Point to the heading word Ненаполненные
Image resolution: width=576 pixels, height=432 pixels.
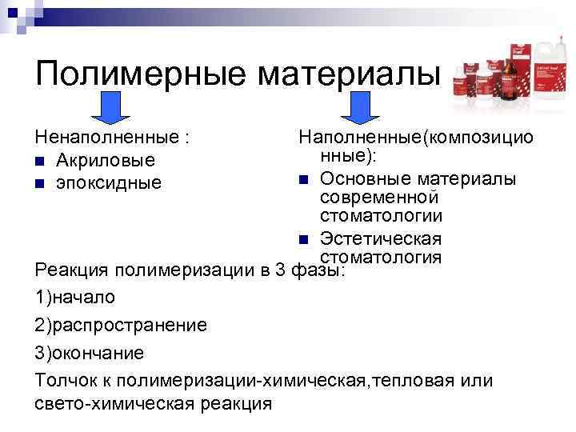coord(108,139)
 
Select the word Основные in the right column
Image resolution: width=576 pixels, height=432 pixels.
coord(357,178)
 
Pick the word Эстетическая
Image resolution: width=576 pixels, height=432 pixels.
coord(381,238)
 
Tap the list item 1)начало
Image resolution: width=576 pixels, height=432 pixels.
coord(75,297)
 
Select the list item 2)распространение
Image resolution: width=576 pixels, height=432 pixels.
coord(121,325)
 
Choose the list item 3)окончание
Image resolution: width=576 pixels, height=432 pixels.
coord(90,352)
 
